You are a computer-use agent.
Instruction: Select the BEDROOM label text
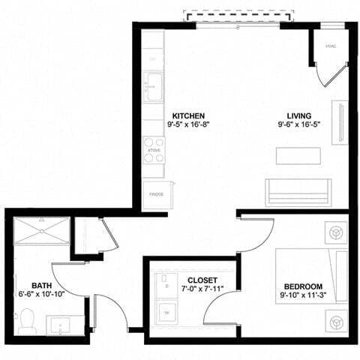302,286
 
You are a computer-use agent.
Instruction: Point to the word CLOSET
202,280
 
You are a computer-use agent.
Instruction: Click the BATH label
41,285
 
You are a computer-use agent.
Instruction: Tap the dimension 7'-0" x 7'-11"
202,289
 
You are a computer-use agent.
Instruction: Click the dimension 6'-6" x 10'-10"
41,295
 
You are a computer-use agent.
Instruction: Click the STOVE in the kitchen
154,149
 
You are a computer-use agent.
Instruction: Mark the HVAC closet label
330,46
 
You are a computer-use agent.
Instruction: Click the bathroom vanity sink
65,325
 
